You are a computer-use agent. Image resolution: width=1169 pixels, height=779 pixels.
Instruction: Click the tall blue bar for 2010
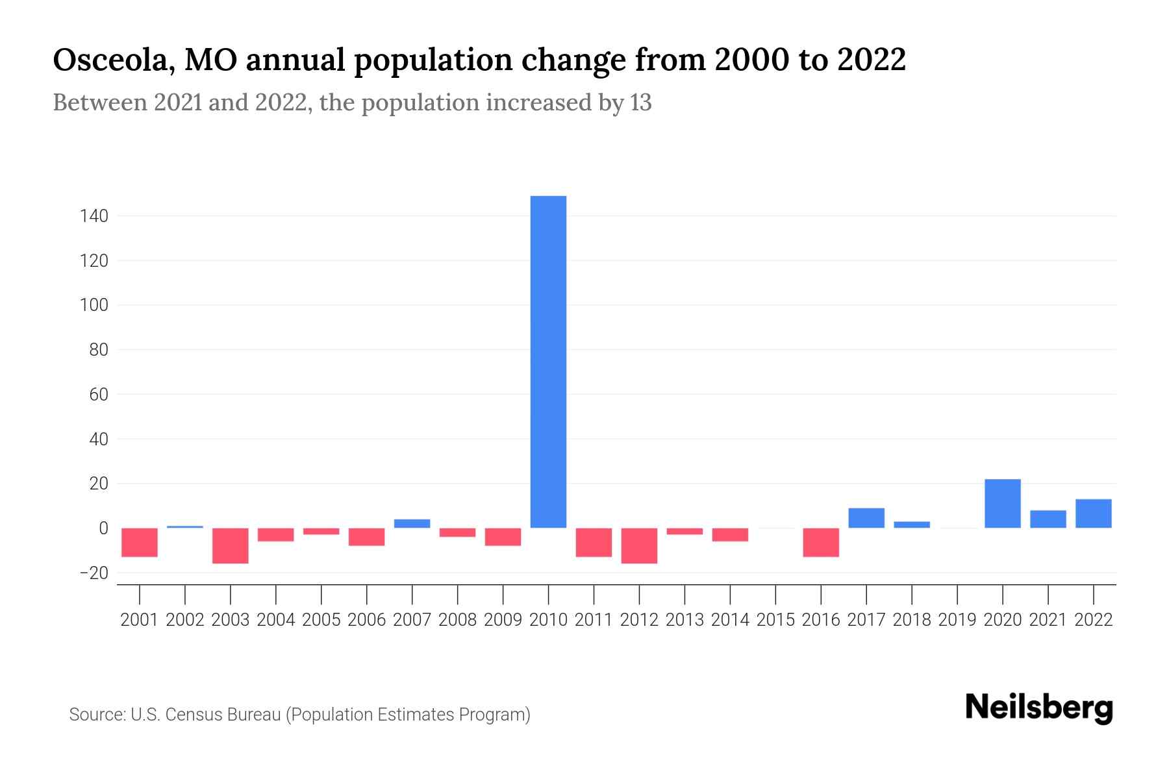(548, 362)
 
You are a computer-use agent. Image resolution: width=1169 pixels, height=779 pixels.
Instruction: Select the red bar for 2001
(140, 542)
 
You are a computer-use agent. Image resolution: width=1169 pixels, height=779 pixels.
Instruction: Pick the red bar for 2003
(231, 545)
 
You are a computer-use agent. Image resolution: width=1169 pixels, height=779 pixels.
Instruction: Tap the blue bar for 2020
(1002, 503)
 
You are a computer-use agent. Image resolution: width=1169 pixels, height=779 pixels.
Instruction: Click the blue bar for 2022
(1093, 513)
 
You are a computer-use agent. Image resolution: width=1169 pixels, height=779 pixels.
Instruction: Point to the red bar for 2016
(821, 542)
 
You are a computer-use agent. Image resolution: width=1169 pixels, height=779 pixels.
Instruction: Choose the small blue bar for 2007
(412, 523)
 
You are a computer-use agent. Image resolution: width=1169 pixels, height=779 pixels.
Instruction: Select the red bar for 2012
(639, 545)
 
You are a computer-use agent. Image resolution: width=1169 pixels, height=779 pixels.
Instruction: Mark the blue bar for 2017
(866, 517)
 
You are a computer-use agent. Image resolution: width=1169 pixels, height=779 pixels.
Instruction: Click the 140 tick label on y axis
(94, 216)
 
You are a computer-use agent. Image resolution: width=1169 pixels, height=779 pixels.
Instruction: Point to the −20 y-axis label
(93, 573)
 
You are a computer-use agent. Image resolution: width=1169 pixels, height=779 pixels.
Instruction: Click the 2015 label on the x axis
(775, 620)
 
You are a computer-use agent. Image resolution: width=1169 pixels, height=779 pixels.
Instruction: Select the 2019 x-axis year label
(957, 620)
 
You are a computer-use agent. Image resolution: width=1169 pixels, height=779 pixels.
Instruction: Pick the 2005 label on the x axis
(321, 620)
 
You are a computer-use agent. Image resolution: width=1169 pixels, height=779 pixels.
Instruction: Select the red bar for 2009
(503, 537)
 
